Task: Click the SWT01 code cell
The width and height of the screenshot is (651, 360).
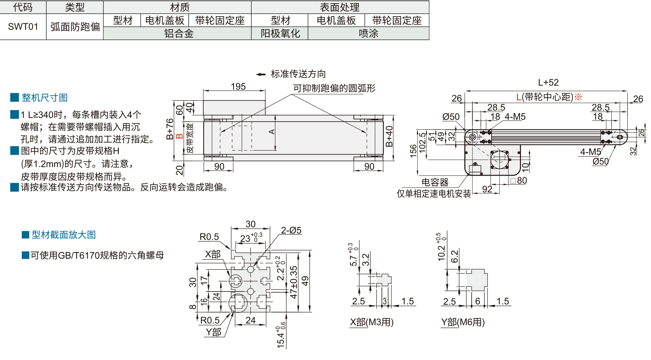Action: (x=23, y=27)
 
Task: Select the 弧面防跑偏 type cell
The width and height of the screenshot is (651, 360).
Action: (x=75, y=27)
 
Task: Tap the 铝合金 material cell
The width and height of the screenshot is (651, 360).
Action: (x=179, y=34)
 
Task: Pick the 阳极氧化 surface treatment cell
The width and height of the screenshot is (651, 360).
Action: (x=280, y=34)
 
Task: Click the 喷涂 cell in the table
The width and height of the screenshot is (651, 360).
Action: (x=368, y=34)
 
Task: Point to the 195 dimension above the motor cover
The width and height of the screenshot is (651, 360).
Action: (x=238, y=87)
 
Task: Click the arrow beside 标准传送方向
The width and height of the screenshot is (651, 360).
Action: (x=261, y=74)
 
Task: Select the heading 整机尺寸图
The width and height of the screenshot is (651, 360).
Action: (x=45, y=98)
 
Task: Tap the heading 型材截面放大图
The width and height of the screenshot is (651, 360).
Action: (x=63, y=235)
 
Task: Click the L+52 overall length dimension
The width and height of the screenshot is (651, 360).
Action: (x=548, y=83)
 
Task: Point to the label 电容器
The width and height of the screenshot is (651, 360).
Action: (x=435, y=182)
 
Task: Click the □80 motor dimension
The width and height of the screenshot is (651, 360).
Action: (x=519, y=181)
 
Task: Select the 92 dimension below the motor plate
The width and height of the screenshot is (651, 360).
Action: (x=487, y=189)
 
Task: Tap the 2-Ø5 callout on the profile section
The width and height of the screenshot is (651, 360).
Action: (x=291, y=231)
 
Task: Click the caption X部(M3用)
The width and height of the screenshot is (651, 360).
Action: (x=372, y=322)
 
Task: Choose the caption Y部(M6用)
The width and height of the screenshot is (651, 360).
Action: (x=463, y=322)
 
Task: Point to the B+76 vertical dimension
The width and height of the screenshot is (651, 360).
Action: (x=170, y=129)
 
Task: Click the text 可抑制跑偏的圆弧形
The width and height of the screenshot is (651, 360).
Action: (x=334, y=88)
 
